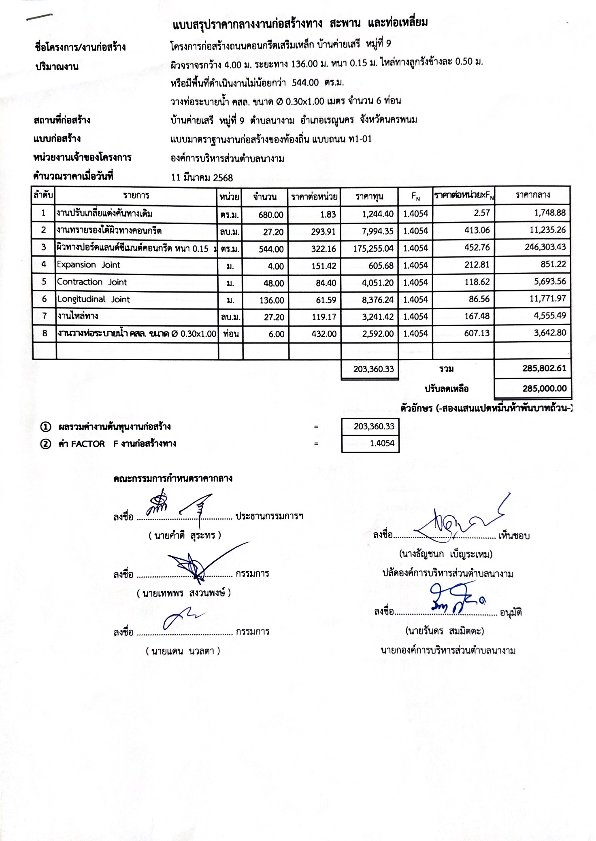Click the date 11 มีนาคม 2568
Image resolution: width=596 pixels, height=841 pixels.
[x=202, y=177]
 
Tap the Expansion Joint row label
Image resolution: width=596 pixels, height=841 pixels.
[x=89, y=265]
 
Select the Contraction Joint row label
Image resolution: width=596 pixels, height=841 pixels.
[x=92, y=282]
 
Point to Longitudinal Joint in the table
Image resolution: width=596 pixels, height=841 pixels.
[x=94, y=299]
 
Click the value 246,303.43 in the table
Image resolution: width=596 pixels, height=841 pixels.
[x=545, y=247]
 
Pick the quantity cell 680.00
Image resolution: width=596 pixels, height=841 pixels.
[x=271, y=215]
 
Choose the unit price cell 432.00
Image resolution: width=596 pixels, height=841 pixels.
[x=324, y=334]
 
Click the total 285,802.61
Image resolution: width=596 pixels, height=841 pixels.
[x=544, y=368]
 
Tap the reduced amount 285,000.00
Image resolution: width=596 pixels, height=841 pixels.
[x=544, y=389]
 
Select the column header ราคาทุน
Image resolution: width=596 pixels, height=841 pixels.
[x=369, y=197]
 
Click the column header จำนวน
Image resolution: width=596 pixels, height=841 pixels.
[x=265, y=197]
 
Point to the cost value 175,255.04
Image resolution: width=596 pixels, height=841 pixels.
[x=373, y=248]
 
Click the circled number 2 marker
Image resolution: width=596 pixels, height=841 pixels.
[x=46, y=444]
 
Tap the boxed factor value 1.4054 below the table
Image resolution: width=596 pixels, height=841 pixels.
[x=382, y=443]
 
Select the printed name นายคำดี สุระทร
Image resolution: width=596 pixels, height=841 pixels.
[x=185, y=535]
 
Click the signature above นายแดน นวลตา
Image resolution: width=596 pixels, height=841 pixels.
[x=182, y=618]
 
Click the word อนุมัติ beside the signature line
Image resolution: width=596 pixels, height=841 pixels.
[x=511, y=613]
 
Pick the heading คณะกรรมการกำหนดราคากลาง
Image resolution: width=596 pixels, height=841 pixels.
[x=173, y=478]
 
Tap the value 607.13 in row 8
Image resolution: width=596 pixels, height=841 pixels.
[x=477, y=333]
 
